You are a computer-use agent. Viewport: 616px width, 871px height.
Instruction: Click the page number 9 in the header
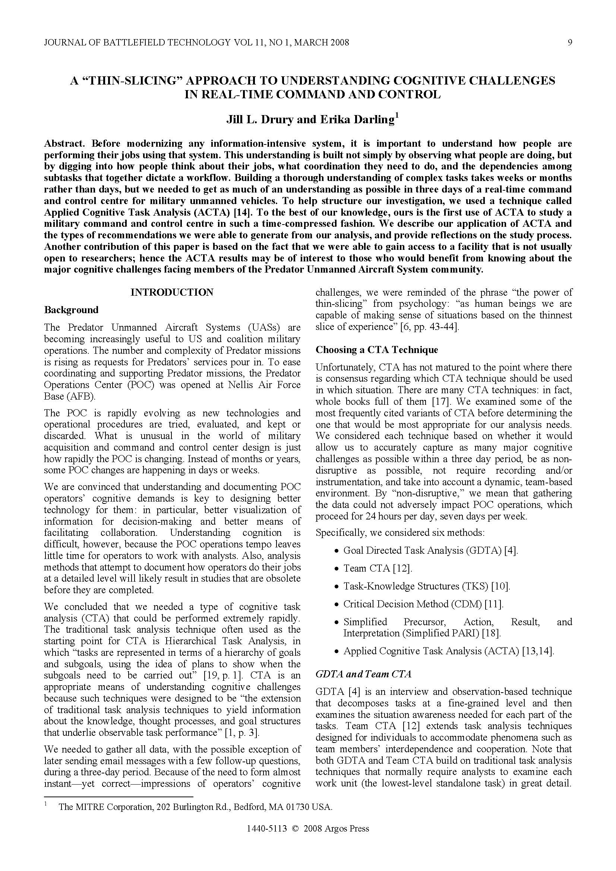point(570,42)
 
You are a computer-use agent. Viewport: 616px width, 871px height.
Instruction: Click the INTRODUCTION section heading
point(172,292)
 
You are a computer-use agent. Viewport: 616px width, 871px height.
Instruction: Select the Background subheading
point(71,310)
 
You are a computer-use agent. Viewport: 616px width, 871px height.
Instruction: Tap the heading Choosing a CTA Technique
point(376,350)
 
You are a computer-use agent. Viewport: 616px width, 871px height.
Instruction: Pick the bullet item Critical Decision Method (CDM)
point(423,604)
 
